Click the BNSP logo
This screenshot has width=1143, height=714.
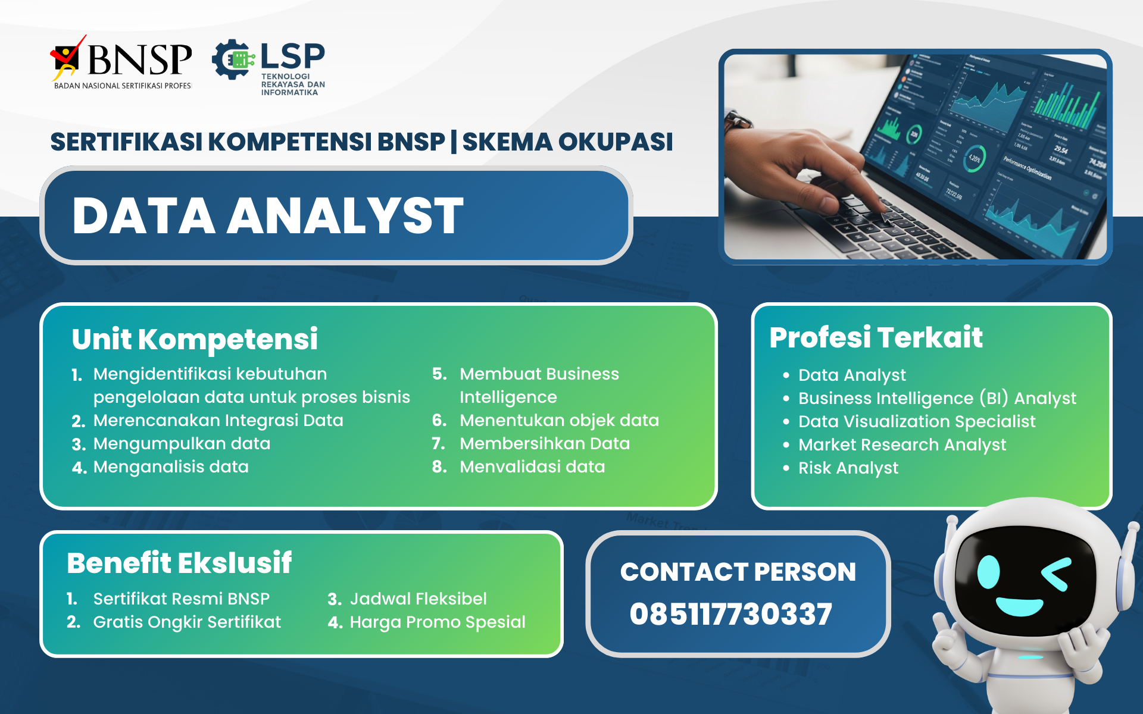click(122, 61)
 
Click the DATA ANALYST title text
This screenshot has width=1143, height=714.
click(267, 215)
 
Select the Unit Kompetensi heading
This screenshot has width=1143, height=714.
click(195, 339)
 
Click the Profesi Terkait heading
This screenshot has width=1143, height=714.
click(875, 337)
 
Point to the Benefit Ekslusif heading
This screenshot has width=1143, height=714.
click(179, 563)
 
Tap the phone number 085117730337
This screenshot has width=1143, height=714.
click(730, 614)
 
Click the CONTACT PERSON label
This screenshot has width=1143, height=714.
click(738, 572)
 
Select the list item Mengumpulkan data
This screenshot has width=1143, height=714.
click(182, 444)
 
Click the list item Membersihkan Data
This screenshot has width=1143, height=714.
click(544, 444)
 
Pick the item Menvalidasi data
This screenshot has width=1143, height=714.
click(532, 467)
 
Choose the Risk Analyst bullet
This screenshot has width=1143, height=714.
click(848, 468)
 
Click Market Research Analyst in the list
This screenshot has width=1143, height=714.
click(901, 445)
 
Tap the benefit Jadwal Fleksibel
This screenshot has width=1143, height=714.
click(418, 599)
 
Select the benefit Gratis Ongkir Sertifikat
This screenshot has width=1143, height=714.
click(186, 622)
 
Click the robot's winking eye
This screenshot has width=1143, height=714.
click(1057, 574)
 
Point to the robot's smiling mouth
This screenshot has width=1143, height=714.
click(1019, 606)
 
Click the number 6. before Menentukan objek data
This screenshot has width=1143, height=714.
click(439, 421)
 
